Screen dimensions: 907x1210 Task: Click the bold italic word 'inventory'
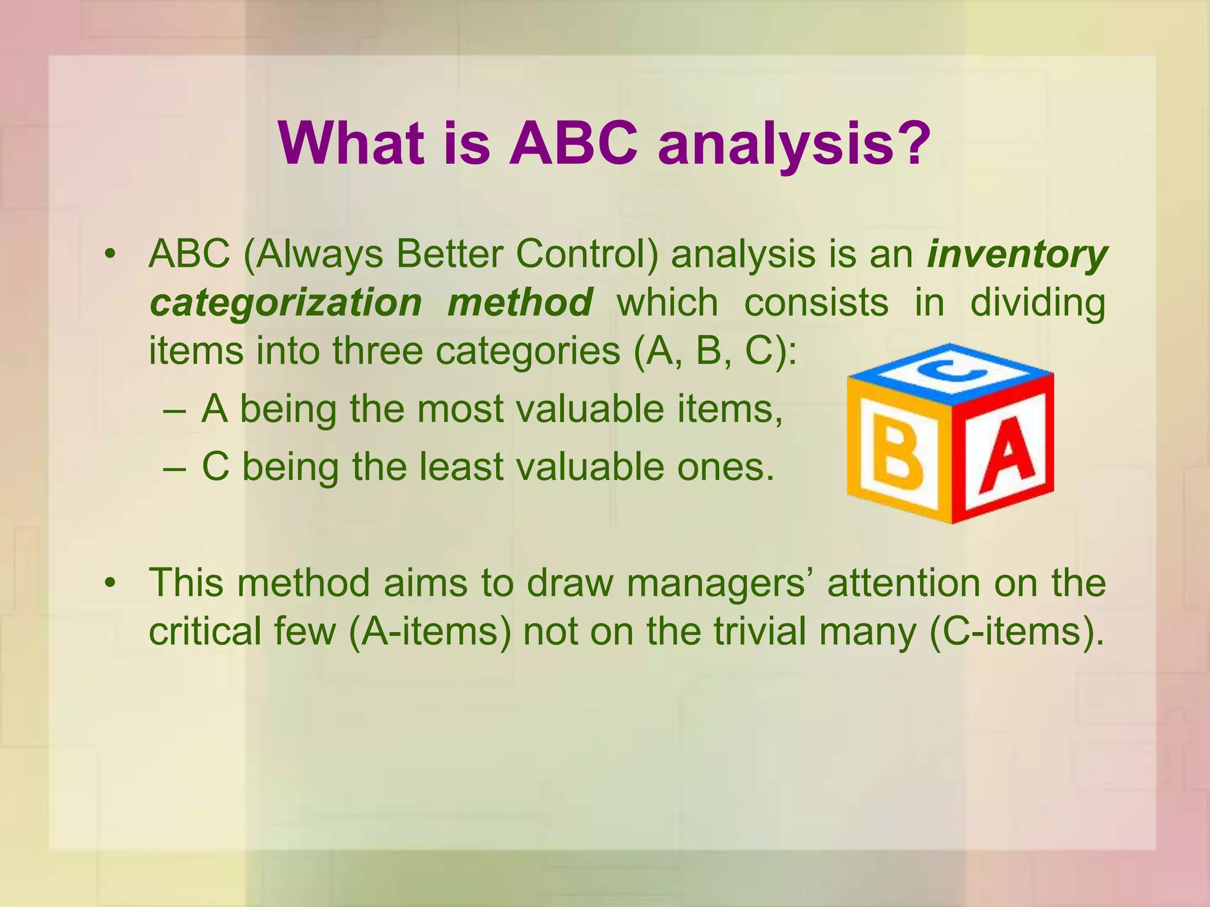coord(1016,255)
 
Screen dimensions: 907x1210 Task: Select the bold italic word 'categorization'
coord(285,303)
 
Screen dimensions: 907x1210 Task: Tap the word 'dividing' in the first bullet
coord(1037,303)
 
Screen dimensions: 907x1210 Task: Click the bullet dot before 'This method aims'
coord(109,583)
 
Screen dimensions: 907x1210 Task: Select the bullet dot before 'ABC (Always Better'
coord(109,255)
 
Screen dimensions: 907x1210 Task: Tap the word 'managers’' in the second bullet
coord(720,583)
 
